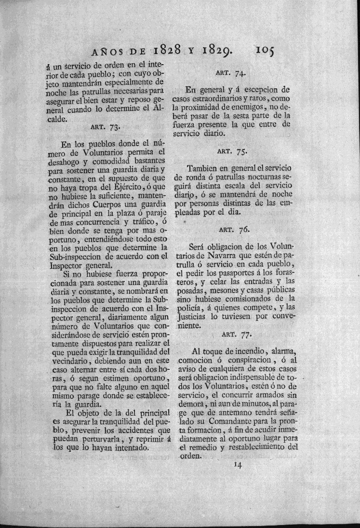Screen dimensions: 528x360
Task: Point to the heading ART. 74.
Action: (x=233, y=74)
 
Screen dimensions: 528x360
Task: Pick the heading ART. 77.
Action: (x=235, y=333)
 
